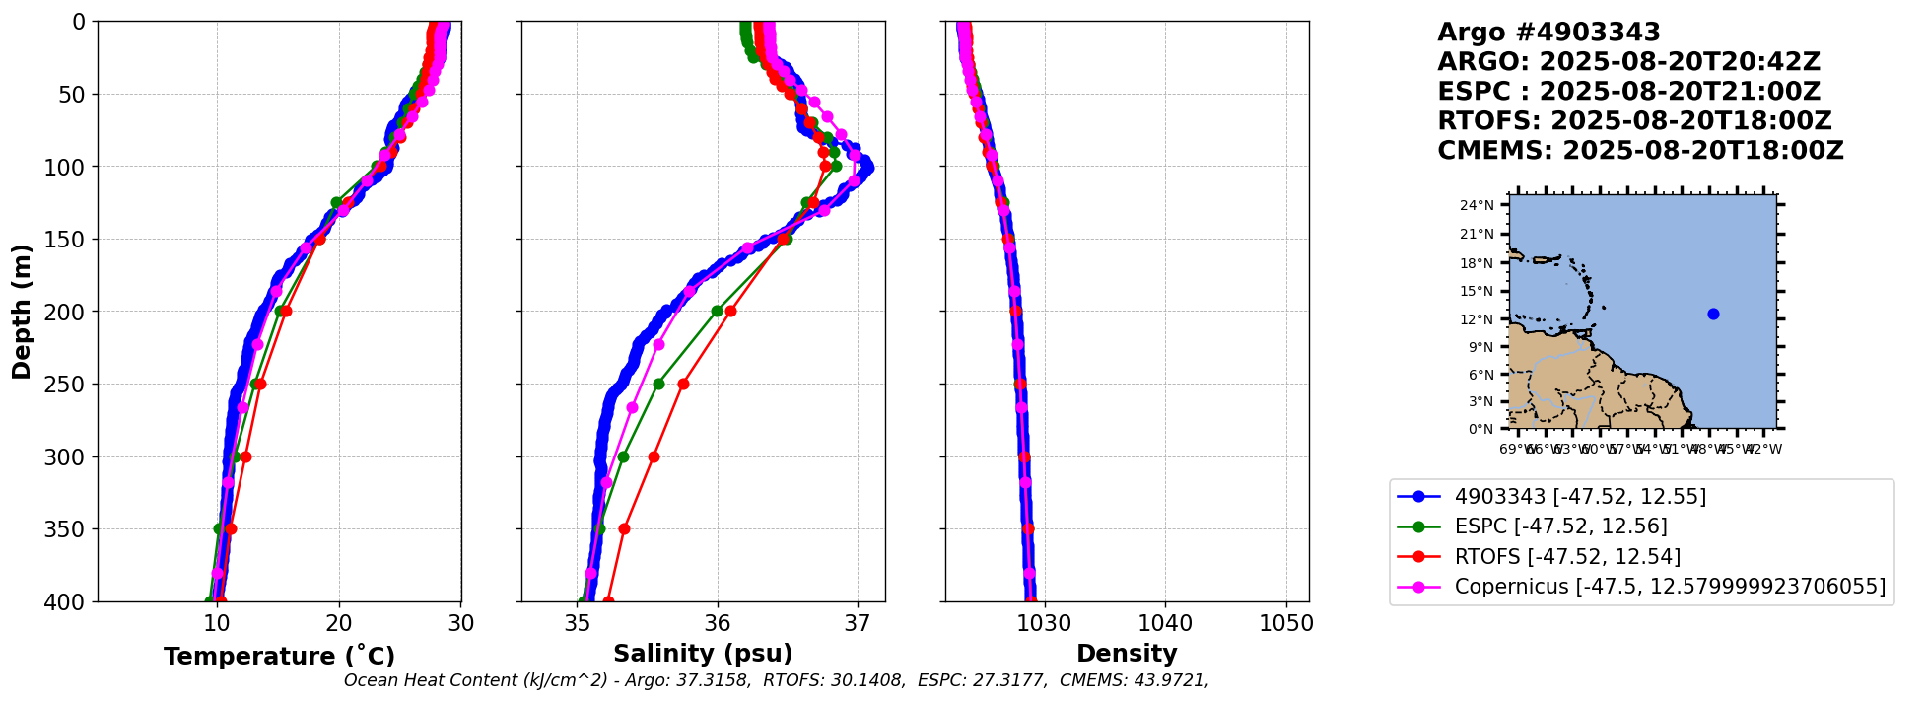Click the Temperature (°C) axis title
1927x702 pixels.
(279, 656)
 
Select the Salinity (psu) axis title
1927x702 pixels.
(703, 653)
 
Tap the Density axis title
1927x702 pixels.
(1127, 653)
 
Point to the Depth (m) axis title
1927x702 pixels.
(22, 312)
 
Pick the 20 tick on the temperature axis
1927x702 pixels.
(339, 623)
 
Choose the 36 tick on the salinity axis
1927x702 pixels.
(718, 623)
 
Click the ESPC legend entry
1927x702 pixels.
(1560, 526)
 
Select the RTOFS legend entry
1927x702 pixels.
(1567, 557)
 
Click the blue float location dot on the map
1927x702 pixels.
(1713, 314)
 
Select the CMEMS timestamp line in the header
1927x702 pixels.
(1640, 151)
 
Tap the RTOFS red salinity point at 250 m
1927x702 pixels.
(683, 384)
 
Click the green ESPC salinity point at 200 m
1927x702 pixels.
(717, 312)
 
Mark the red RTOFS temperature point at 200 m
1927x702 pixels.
(286, 312)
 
